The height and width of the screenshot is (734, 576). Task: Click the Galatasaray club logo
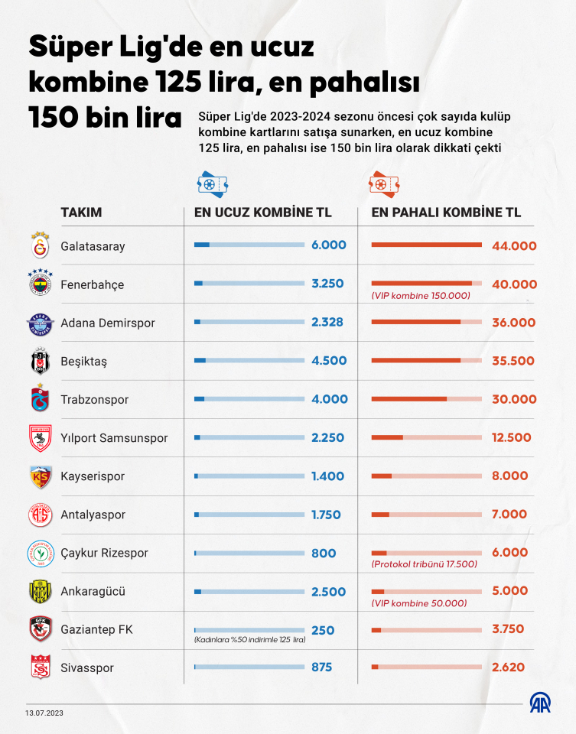pos(39,246)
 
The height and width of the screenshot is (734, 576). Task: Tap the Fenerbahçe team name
pos(92,284)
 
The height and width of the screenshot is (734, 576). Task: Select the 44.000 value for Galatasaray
pos(514,245)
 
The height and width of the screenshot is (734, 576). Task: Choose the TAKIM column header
pos(81,213)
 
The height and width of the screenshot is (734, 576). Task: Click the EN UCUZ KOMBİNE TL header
pos(263,213)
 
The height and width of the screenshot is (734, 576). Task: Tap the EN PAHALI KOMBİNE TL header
pos(446,213)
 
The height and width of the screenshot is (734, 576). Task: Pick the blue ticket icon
pos(213,184)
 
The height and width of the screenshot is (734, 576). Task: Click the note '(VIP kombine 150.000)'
pos(421,296)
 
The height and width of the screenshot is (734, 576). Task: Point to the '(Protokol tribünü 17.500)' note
pos(424,564)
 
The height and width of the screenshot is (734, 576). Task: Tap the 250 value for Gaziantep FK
pos(323,630)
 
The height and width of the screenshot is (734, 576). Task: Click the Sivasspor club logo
pos(39,667)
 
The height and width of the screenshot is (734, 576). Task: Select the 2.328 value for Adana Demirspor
pos(329,323)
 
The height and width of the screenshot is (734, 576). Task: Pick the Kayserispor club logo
pos(39,476)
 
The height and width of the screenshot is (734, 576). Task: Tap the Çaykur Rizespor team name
pos(104,553)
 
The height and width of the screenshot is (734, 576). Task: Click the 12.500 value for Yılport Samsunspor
pos(510,437)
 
